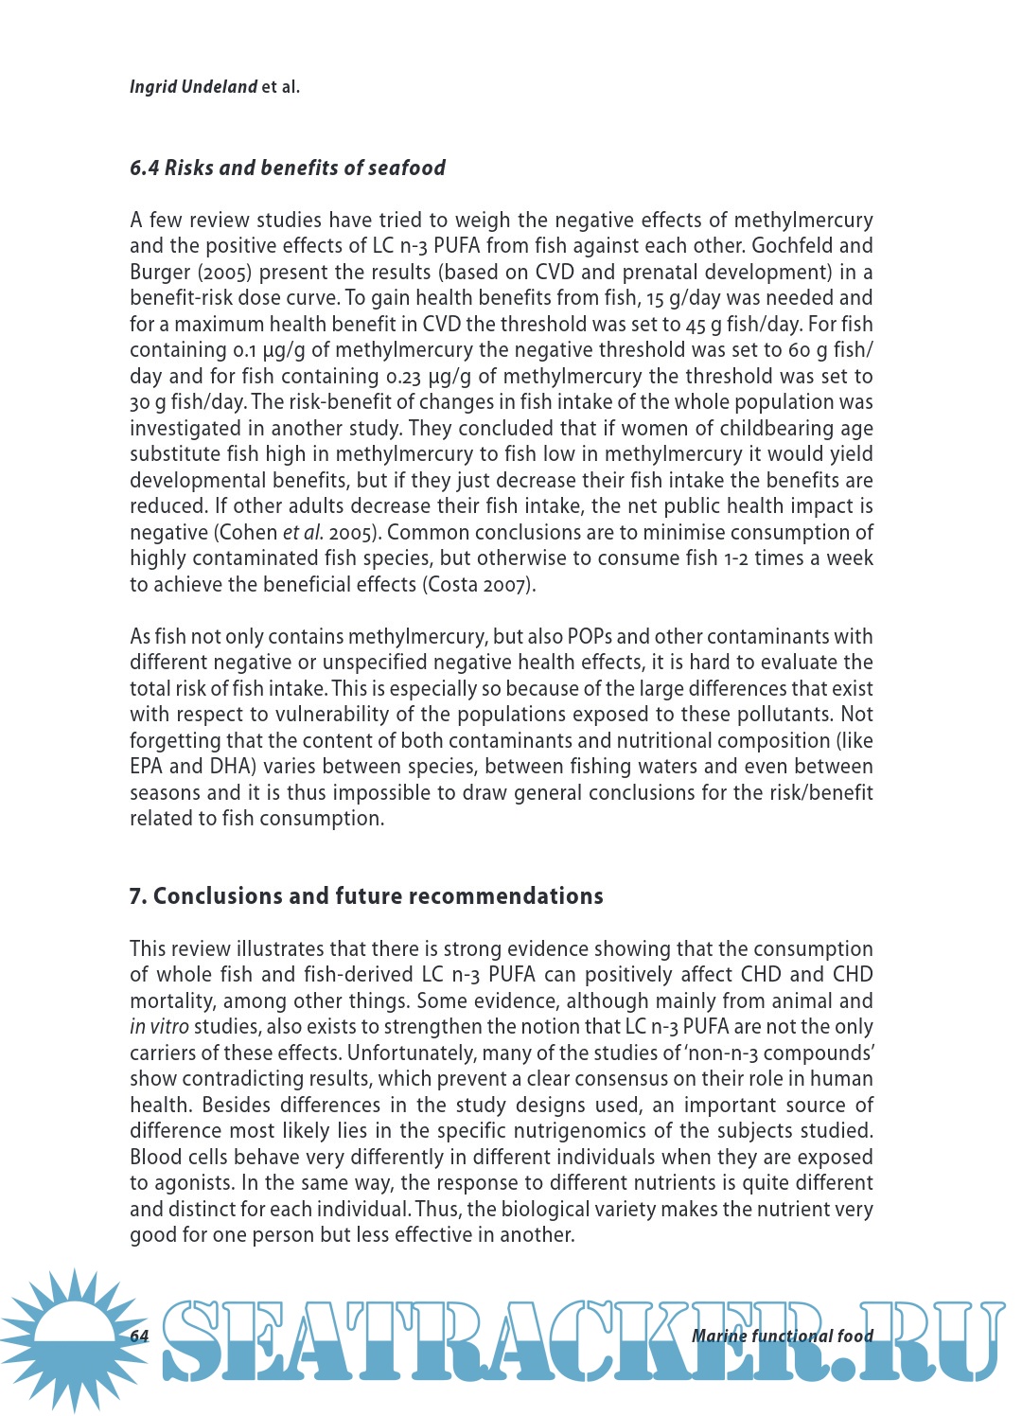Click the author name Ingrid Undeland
pos(193,87)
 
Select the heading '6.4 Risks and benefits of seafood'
pos(287,168)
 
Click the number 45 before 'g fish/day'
pos(697,325)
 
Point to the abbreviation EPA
pos(146,767)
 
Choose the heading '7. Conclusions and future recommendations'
pos(365,896)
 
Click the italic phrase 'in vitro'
pos(159,1027)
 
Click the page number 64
pos(139,1336)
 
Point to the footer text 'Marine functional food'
pos(782,1336)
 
